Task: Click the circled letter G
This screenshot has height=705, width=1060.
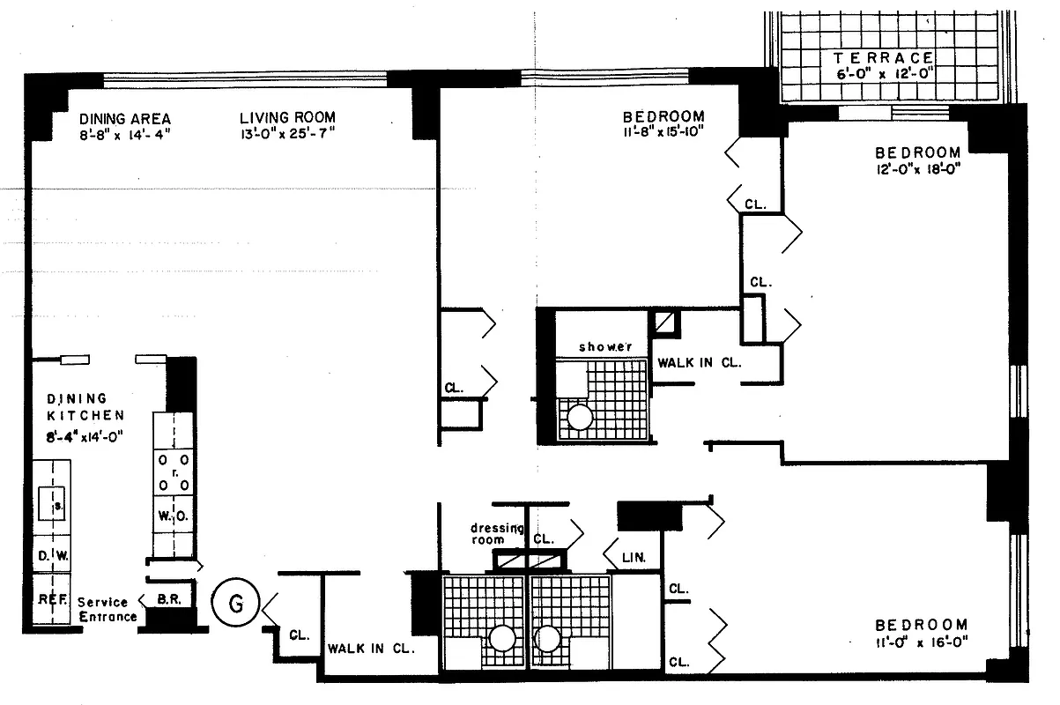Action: [x=235, y=603]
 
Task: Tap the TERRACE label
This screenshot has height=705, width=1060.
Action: [x=884, y=58]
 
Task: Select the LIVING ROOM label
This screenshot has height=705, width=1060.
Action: [x=288, y=117]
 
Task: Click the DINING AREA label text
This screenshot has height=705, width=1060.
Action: [x=124, y=119]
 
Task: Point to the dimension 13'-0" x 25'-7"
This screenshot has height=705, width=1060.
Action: [x=288, y=134]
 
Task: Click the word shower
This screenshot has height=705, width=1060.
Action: [x=605, y=346]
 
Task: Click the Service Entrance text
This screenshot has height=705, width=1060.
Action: [x=107, y=609]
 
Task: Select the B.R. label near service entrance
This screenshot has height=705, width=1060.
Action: [x=168, y=598]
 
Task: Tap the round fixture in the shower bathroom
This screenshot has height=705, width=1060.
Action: [x=580, y=416]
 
